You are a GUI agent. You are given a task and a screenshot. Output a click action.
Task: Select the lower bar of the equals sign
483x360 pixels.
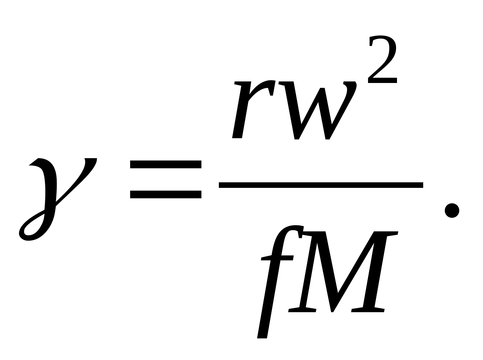click(166, 194)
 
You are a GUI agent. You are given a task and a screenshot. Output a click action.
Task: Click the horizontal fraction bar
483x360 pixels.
click(321, 185)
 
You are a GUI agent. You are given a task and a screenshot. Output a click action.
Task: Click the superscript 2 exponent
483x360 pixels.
click(382, 60)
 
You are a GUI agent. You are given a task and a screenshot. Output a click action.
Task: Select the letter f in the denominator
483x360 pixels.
click(277, 278)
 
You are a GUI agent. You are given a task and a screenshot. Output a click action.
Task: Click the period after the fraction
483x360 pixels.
click(452, 210)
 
